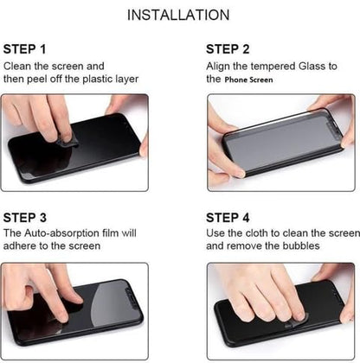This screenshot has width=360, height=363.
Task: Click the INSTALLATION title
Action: point(178,16)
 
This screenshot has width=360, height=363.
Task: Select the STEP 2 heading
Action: point(228,49)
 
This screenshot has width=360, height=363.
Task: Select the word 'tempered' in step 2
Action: point(277,66)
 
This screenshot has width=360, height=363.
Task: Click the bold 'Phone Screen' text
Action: point(250,80)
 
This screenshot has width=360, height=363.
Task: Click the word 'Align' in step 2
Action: point(221,66)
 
